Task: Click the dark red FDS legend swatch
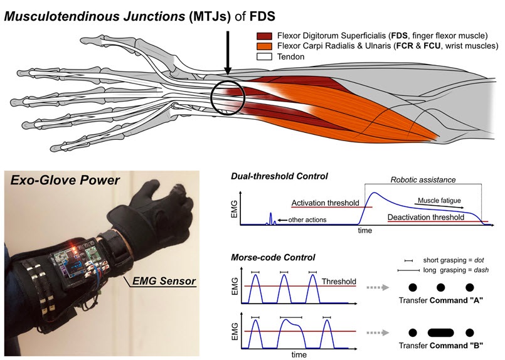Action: click(264, 36)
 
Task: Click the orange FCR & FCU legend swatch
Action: click(264, 46)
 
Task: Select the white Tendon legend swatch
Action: click(264, 56)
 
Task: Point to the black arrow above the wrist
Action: click(228, 53)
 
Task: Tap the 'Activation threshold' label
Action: click(325, 203)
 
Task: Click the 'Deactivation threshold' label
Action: click(426, 217)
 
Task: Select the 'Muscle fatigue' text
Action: click(439, 201)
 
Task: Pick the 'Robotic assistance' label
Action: click(423, 179)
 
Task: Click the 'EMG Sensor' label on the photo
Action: click(164, 281)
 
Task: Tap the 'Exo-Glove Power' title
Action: click(65, 180)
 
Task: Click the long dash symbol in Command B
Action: click(440, 332)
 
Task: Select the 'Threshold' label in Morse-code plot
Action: click(339, 282)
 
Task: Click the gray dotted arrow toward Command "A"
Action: click(378, 287)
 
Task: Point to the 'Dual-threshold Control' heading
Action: click(279, 176)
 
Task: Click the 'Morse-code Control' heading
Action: click(273, 258)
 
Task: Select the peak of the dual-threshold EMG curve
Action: click(375, 193)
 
